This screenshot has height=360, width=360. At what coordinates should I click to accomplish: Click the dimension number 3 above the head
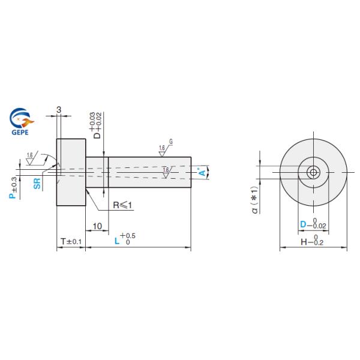[x=59, y=109]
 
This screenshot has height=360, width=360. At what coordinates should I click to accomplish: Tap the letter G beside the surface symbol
[x=171, y=142]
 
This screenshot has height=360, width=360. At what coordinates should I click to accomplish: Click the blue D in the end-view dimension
[x=304, y=224]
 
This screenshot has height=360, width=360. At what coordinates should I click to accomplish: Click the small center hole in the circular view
[x=313, y=173]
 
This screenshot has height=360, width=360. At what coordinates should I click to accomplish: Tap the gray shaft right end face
[x=190, y=173]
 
